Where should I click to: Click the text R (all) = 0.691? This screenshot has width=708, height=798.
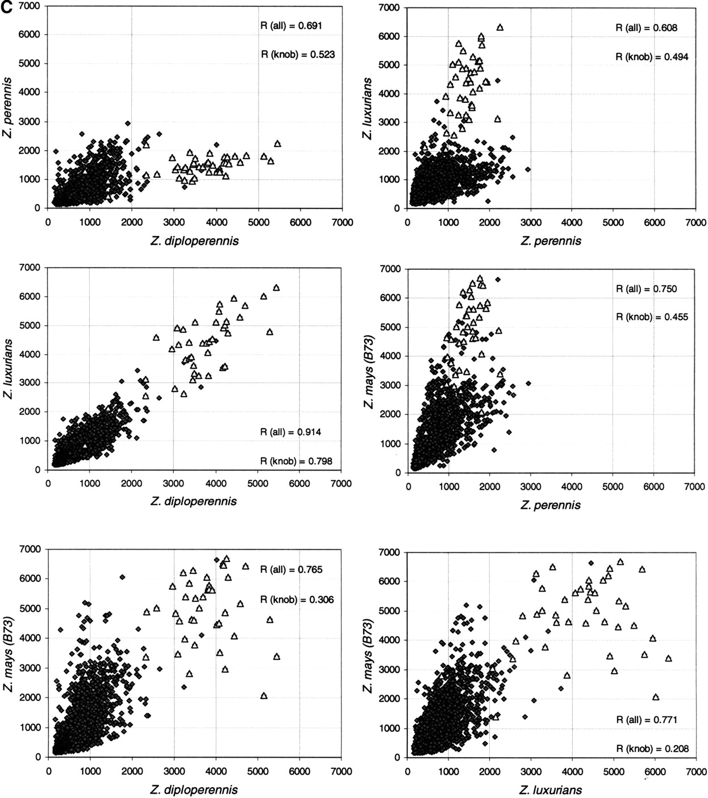tap(291, 26)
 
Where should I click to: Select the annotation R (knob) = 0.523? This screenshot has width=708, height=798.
tap(298, 55)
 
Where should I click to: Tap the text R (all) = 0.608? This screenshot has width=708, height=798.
tap(646, 28)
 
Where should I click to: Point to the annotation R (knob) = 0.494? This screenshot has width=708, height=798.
tap(652, 57)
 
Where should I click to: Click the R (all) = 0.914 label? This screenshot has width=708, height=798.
tap(290, 432)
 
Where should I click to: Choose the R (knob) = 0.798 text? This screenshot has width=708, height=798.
tap(296, 461)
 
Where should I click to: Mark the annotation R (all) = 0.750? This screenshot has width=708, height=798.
tap(646, 289)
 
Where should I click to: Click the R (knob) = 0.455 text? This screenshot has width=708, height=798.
tap(652, 317)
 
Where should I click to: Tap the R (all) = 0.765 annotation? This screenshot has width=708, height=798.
tap(291, 570)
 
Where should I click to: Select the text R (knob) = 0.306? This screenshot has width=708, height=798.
tap(297, 600)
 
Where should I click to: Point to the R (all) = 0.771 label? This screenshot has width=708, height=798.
tap(647, 720)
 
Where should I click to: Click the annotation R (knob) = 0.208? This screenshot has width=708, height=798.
tap(652, 749)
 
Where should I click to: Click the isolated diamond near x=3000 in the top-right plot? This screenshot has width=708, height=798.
tap(528, 169)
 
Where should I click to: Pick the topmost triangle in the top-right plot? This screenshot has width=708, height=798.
tap(500, 27)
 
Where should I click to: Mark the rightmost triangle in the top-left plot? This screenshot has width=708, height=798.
tap(278, 144)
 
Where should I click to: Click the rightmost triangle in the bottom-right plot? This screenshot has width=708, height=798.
tap(668, 658)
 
